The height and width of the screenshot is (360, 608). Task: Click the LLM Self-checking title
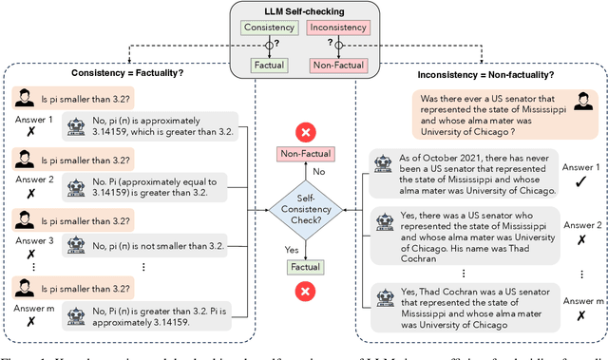303,10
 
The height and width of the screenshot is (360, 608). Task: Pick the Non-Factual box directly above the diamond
304,154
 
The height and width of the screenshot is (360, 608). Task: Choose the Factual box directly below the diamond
304,268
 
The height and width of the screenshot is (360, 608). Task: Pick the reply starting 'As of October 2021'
473,175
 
